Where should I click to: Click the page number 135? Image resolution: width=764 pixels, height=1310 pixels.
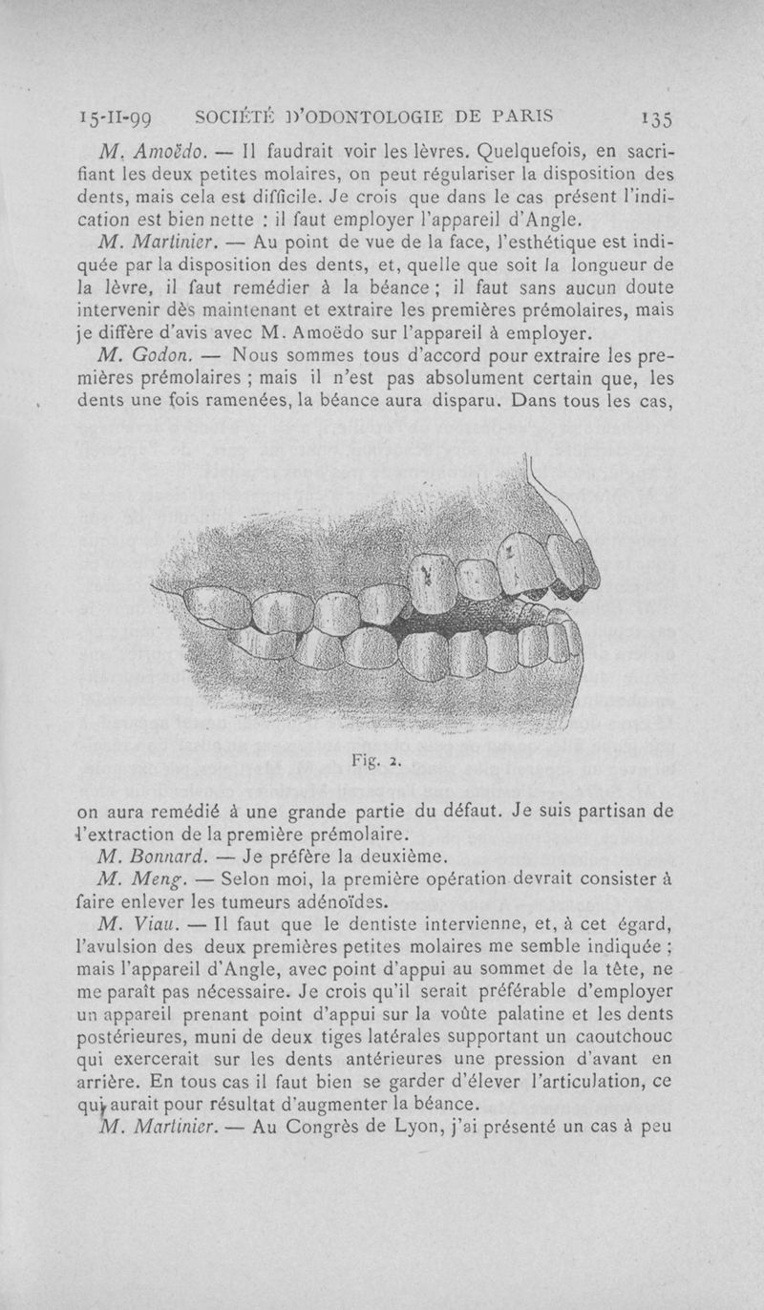[x=657, y=119]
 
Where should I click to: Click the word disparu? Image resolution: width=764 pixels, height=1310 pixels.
[x=462, y=402]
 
